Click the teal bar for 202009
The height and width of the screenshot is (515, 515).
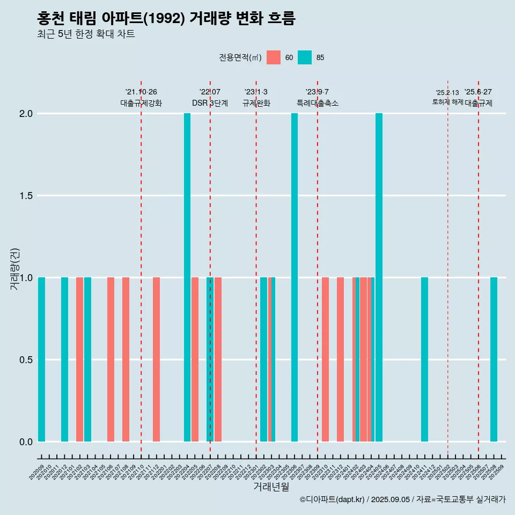point(41,359)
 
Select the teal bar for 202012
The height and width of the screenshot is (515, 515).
point(64,359)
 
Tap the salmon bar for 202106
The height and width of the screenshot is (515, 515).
point(111,359)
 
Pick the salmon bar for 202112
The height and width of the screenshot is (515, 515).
point(156,359)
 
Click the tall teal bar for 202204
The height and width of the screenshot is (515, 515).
point(187,277)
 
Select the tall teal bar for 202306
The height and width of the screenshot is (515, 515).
point(295,277)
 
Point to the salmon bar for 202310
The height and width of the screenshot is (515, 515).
point(325,359)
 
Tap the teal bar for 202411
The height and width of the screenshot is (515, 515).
point(424,359)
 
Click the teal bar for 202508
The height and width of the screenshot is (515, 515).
point(494,359)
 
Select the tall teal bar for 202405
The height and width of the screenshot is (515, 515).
point(379,277)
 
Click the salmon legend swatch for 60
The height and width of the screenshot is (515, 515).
point(274,57)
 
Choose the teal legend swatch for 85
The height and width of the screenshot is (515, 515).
point(305,57)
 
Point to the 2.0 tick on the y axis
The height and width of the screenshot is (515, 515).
point(27,114)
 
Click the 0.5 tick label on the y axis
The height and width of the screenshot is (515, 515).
point(27,359)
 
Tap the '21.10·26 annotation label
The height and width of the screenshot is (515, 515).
point(141,92)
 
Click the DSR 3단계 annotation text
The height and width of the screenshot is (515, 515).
point(210,103)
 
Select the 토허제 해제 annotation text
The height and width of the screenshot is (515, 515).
point(447,102)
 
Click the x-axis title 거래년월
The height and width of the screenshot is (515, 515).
point(271,487)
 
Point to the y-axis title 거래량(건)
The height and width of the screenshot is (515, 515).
point(14,268)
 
